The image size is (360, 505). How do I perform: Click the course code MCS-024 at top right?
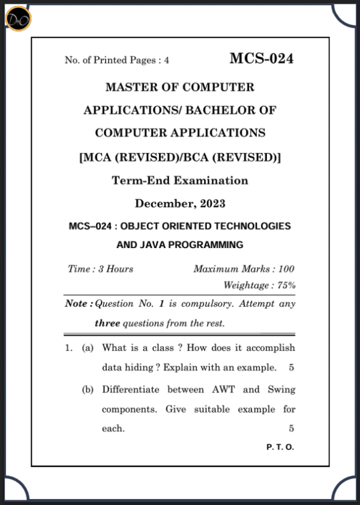(261, 58)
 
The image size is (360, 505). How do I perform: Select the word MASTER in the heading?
(130, 87)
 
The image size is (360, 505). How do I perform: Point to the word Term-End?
(139, 180)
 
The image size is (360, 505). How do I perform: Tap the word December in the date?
(160, 204)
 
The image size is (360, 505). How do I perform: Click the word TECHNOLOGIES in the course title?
(252, 226)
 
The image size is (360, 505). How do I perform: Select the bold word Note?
(77, 304)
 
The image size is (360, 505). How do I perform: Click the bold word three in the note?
(107, 324)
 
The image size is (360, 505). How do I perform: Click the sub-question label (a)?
(88, 348)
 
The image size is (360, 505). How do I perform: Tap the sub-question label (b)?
(88, 390)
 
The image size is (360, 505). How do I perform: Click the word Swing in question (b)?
(281, 389)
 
